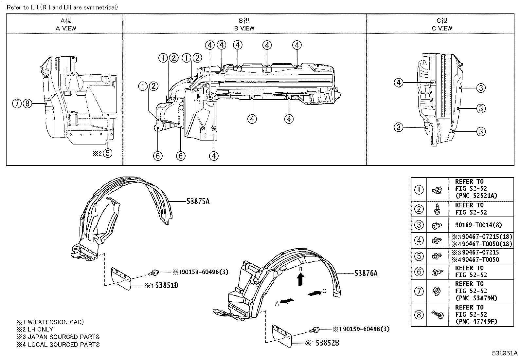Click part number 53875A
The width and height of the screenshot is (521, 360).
tap(198, 201)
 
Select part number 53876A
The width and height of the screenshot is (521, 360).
tap(366, 273)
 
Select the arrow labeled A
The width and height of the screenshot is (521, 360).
tap(287, 301)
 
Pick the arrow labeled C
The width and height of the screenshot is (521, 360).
tap(314, 293)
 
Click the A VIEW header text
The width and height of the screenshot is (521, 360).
tap(65, 28)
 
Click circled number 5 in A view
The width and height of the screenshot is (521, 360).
tap(108, 153)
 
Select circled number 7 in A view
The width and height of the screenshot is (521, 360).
tap(17, 104)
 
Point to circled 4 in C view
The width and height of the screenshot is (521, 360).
tap(398, 83)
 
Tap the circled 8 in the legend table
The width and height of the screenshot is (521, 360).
tap(419, 315)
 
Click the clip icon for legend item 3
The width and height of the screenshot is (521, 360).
tap(437, 225)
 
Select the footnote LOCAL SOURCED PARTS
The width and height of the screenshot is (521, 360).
tap(63, 344)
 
